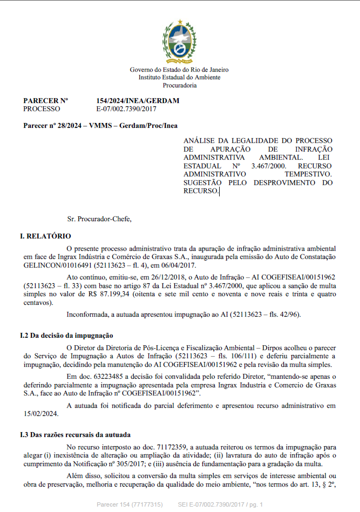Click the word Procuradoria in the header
click(x=179, y=85)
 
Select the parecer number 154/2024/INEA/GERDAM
click(x=138, y=101)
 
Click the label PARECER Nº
click(x=46, y=101)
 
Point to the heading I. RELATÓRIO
click(x=45, y=236)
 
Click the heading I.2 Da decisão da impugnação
click(x=67, y=336)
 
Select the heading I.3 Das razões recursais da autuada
click(x=75, y=435)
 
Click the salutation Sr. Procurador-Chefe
click(x=99, y=219)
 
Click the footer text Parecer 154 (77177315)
click(x=130, y=504)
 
